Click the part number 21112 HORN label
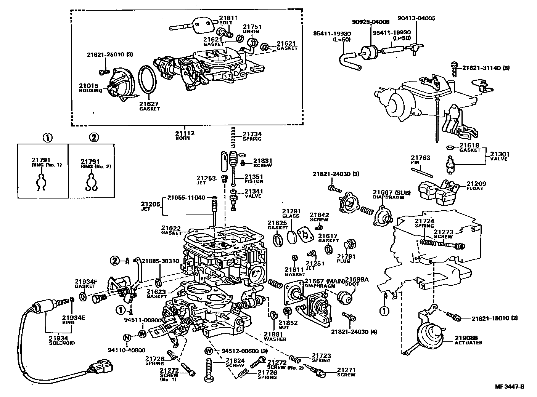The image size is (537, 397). (185, 135)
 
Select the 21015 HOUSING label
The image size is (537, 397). (90, 88)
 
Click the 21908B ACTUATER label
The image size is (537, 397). (468, 340)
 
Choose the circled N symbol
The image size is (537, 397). (127, 337)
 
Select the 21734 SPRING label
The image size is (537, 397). (252, 136)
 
